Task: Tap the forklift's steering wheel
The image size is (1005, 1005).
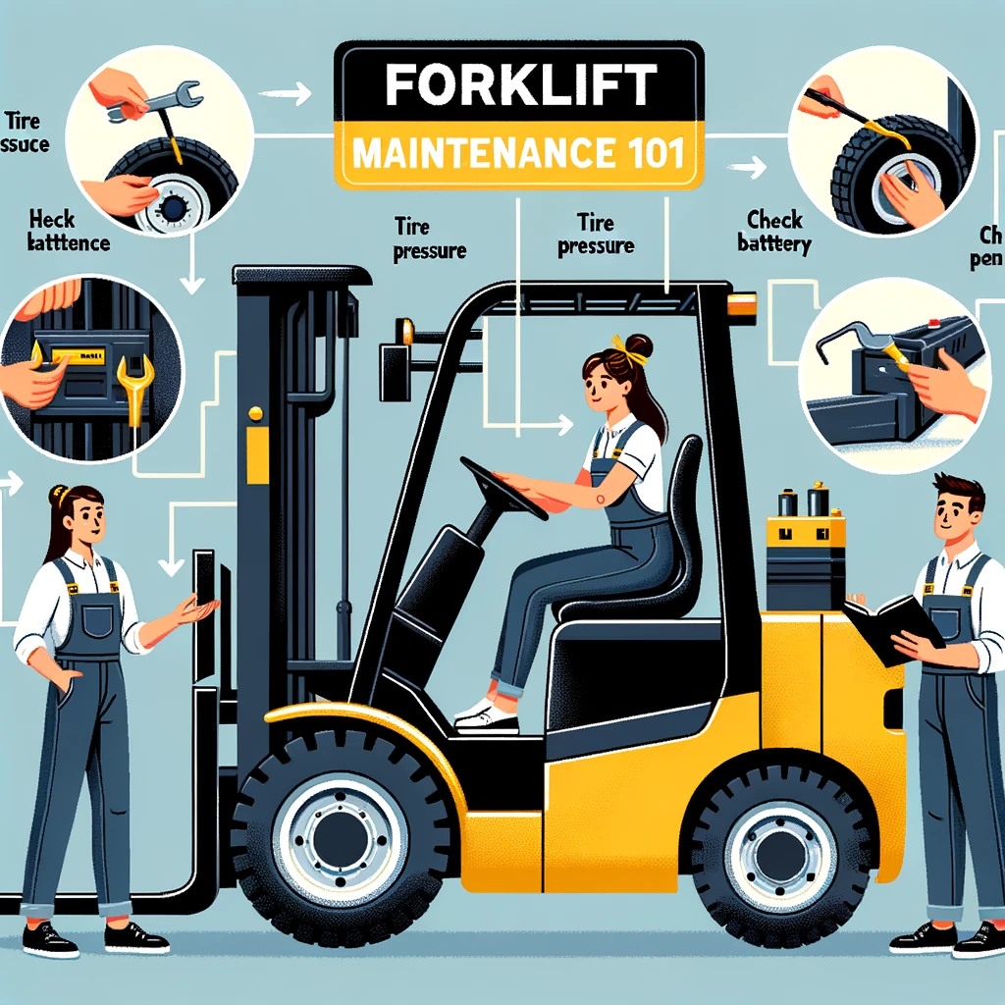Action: [x=502, y=487]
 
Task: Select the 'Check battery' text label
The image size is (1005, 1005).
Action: [x=773, y=232]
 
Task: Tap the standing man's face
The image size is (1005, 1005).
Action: [x=949, y=515]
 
